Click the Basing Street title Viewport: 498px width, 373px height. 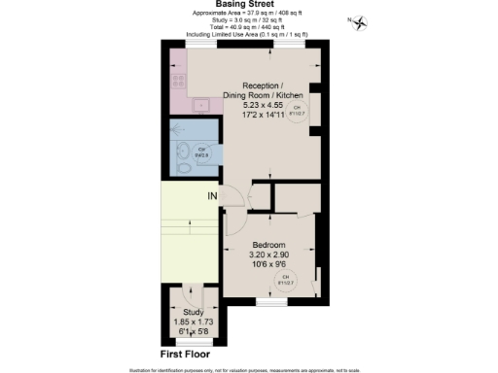248,5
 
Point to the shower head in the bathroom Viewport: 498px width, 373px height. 176,125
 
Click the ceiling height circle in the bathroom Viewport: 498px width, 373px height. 202,153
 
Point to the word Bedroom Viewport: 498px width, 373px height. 268,244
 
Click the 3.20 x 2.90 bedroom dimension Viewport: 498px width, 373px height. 268,254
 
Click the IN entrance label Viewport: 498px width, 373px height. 211,197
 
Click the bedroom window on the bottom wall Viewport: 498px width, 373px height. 268,301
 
